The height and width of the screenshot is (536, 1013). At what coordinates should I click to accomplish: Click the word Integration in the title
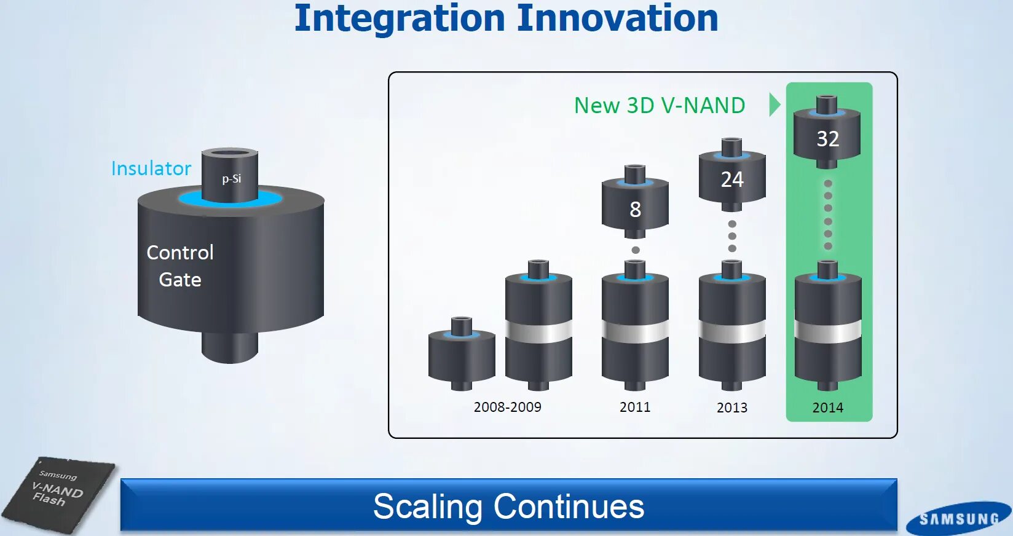click(400, 19)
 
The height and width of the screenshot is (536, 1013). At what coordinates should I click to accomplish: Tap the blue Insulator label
click(151, 168)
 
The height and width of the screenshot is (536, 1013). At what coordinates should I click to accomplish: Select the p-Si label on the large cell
click(232, 179)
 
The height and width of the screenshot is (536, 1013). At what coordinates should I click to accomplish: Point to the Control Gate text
click(180, 266)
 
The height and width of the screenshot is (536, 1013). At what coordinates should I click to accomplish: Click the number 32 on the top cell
click(827, 138)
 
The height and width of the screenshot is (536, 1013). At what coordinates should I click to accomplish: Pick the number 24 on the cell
click(732, 179)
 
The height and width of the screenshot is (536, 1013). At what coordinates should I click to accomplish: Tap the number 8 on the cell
click(636, 210)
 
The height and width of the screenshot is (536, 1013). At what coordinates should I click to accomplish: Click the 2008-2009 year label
click(507, 407)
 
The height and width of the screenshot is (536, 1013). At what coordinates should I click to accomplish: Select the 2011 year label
click(635, 407)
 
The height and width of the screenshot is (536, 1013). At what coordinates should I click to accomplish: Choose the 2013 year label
click(732, 408)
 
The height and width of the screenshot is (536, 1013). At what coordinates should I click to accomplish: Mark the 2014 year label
click(827, 408)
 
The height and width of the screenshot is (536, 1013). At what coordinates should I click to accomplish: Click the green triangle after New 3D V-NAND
click(775, 105)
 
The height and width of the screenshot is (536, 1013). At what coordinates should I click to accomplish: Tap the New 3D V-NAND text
click(660, 105)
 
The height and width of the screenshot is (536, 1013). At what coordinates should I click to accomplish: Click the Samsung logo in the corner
click(959, 518)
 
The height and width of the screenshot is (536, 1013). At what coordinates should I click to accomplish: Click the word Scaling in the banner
click(428, 506)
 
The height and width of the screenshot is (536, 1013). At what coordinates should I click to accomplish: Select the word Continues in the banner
click(569, 506)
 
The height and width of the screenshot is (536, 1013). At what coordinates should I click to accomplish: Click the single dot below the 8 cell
click(636, 250)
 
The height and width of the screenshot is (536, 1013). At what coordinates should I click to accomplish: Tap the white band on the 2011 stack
click(635, 331)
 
